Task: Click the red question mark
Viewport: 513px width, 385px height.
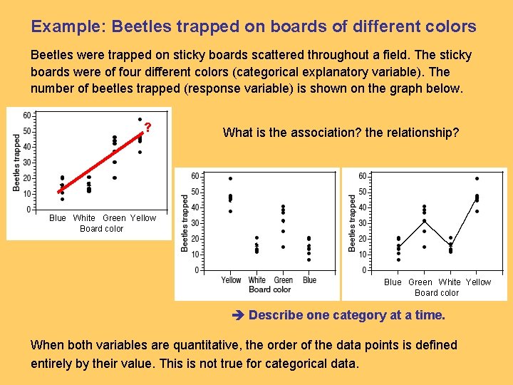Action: [147, 128]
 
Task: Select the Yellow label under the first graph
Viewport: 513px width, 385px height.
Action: [143, 218]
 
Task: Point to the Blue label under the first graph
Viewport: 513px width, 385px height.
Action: [58, 218]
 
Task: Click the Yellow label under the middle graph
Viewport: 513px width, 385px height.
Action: [231, 280]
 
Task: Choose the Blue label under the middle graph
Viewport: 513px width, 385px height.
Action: [309, 280]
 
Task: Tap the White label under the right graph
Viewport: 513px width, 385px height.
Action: [450, 282]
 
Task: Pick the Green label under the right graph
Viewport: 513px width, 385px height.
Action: [420, 282]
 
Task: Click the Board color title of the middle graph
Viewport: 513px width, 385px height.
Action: [269, 289]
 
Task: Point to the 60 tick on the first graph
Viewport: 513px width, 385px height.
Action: [26, 115]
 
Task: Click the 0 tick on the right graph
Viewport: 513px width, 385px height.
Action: [364, 270]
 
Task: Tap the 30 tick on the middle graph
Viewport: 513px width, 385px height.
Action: [195, 223]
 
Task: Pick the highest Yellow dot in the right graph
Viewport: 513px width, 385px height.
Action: [477, 178]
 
